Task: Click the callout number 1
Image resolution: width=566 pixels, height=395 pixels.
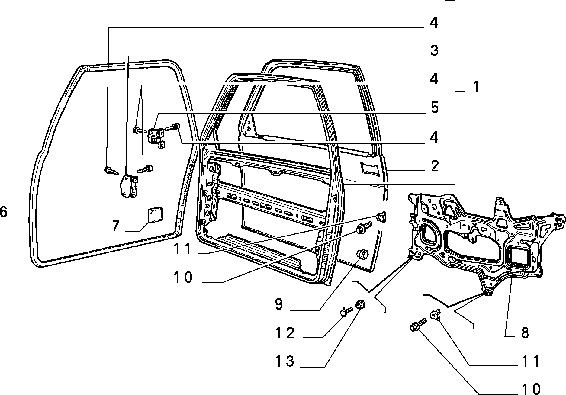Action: (476, 87)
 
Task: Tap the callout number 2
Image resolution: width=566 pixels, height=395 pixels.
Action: (434, 166)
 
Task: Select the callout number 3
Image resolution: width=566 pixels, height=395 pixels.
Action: (434, 50)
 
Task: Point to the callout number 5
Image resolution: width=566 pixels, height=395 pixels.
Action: (434, 108)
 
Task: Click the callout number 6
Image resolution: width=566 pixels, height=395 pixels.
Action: (4, 212)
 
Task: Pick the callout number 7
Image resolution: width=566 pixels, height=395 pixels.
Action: (116, 226)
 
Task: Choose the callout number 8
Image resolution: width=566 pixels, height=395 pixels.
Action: (525, 333)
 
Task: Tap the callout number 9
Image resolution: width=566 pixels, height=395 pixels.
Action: (279, 304)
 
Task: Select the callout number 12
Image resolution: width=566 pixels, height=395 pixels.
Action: (285, 333)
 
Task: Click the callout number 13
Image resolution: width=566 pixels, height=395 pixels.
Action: (285, 361)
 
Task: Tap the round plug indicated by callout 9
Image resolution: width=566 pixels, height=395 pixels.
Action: (362, 254)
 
